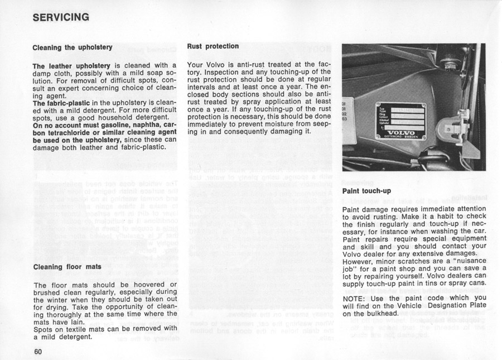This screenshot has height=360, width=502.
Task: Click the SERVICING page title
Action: tap(61, 17)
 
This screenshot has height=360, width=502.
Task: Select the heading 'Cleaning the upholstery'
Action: tap(73, 47)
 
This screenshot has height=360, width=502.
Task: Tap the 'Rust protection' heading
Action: tap(213, 46)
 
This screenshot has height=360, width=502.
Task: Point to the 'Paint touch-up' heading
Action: tap(366, 191)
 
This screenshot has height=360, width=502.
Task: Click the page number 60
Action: tap(38, 352)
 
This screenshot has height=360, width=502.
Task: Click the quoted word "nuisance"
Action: tap(459, 261)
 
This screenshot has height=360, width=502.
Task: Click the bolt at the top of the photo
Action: tap(450, 63)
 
